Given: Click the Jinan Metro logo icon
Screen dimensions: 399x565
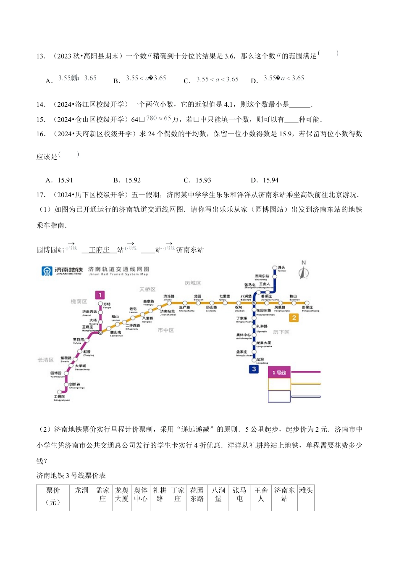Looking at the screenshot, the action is click(x=47, y=271).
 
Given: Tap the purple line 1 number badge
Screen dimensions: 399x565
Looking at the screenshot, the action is click(x=100, y=295).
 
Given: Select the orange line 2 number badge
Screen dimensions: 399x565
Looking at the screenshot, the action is click(x=294, y=318).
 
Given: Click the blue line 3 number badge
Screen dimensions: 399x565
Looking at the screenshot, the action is click(x=254, y=369).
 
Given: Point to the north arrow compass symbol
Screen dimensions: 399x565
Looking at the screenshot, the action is click(x=304, y=270).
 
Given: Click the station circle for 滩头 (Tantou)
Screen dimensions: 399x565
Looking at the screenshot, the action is click(x=275, y=268).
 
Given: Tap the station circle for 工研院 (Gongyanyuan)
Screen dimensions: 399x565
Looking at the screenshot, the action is click(x=59, y=392).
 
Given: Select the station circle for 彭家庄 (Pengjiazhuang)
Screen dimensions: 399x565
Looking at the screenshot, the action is click(x=307, y=303).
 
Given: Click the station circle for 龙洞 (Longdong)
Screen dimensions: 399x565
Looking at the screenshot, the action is click(x=254, y=360).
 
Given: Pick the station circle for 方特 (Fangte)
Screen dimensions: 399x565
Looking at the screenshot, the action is click(x=100, y=304).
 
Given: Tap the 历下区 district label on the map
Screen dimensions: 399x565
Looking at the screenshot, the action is click(x=281, y=332).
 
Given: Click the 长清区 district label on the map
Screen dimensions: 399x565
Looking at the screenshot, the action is click(x=46, y=360).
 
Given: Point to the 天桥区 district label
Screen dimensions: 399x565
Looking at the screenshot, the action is click(x=147, y=289).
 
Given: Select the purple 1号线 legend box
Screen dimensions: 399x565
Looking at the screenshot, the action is click(x=279, y=372).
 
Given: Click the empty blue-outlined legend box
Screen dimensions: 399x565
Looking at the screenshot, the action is click(x=279, y=396).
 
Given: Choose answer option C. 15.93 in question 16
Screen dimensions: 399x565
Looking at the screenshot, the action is click(x=197, y=180).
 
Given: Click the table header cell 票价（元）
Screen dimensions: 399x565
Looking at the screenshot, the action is click(x=53, y=496).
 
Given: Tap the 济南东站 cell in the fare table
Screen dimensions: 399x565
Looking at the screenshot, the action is click(x=284, y=494).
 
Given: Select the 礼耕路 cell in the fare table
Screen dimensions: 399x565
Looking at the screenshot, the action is click(x=160, y=494).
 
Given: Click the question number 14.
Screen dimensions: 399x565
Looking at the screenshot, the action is click(x=41, y=105).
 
